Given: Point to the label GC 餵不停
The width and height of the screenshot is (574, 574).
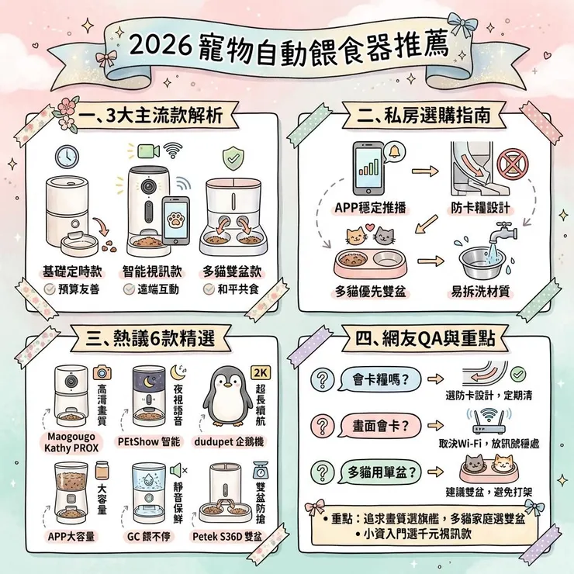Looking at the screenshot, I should (x=148, y=535).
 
